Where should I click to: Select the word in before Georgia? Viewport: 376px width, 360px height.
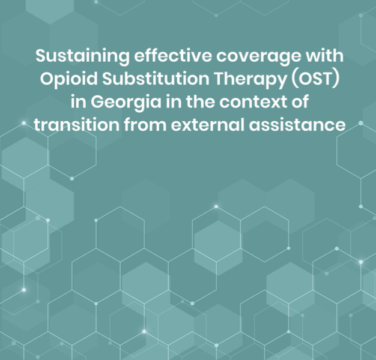pos(79,102)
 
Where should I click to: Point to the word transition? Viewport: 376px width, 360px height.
pos(76,125)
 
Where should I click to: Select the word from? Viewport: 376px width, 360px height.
pos(145,125)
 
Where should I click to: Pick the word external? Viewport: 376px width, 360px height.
pos(208,125)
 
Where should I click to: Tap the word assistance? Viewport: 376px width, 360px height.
pos(297,125)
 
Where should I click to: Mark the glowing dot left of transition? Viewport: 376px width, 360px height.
pos(24,123)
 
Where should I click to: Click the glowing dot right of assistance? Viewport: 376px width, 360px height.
pos(361,123)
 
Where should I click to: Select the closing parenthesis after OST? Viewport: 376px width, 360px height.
pos(336,79)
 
